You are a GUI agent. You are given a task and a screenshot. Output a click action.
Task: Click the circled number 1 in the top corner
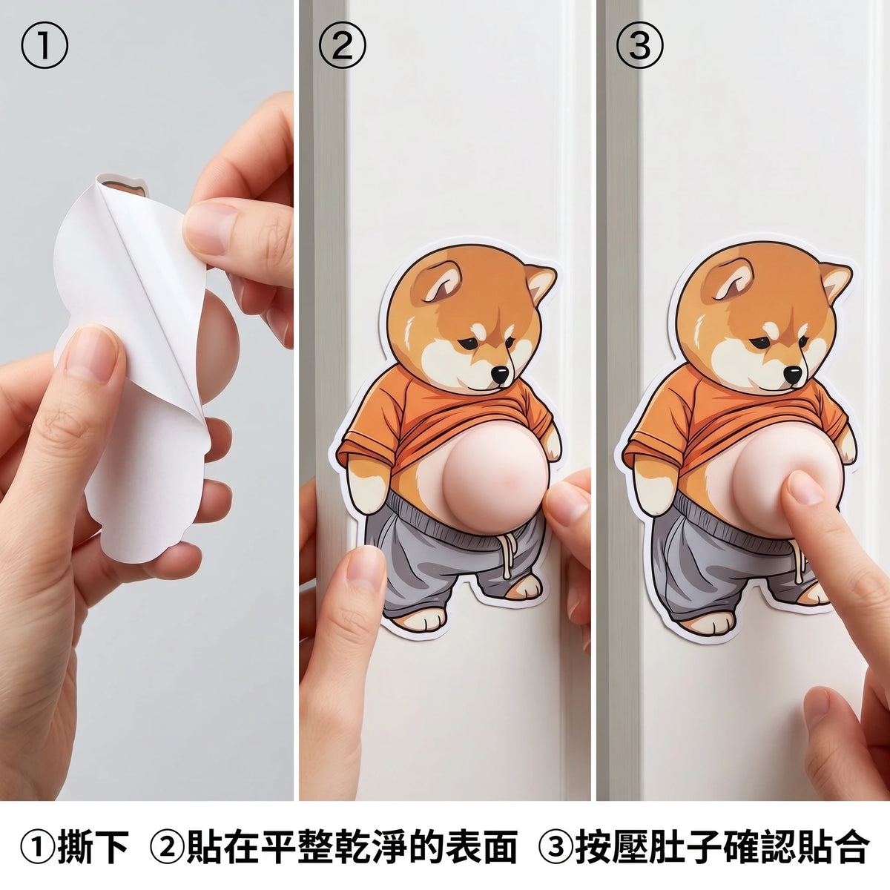tap(44, 45)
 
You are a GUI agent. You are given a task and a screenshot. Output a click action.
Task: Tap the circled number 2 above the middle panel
tap(342, 45)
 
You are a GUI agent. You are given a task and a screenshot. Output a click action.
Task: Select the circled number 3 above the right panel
tap(639, 45)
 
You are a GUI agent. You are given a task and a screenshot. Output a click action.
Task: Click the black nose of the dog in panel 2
tap(500, 374)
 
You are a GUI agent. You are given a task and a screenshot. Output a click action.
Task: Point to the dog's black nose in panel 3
tap(794, 374)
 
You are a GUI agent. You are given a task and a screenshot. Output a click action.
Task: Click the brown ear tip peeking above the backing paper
tap(125, 186)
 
